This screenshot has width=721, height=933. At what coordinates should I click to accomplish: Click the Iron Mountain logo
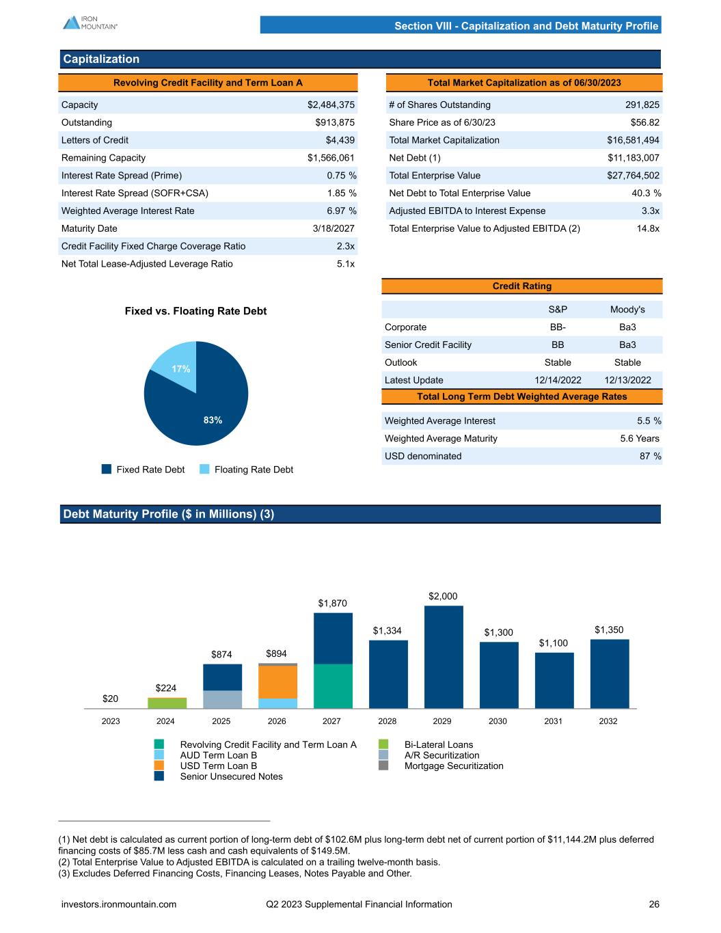click(x=90, y=23)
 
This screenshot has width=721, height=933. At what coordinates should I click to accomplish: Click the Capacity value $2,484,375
click(x=331, y=105)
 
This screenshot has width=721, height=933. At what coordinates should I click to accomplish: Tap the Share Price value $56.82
click(x=644, y=122)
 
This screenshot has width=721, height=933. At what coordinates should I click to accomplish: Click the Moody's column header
click(x=627, y=310)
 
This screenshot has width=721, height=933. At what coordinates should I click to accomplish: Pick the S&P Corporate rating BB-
click(x=558, y=327)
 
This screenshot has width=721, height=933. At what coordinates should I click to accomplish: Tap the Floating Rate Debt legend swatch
click(x=204, y=469)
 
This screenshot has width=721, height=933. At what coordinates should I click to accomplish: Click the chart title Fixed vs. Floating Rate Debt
click(x=195, y=311)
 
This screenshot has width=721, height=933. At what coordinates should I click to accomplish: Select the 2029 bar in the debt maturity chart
click(x=443, y=656)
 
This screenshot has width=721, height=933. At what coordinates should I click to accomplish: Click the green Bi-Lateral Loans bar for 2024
click(x=167, y=703)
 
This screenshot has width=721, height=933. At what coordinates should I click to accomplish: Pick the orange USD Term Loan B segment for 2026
click(x=277, y=681)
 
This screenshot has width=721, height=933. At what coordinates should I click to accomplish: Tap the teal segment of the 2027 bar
click(x=333, y=686)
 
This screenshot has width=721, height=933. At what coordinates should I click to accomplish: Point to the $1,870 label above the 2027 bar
click(x=333, y=603)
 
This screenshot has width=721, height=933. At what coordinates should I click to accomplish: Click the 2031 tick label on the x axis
click(x=553, y=721)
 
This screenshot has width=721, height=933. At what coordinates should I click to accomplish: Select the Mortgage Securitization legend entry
click(x=453, y=766)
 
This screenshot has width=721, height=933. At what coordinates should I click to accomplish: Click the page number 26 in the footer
click(x=654, y=904)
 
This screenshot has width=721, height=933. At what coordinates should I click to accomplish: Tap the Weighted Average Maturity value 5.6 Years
click(x=640, y=438)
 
